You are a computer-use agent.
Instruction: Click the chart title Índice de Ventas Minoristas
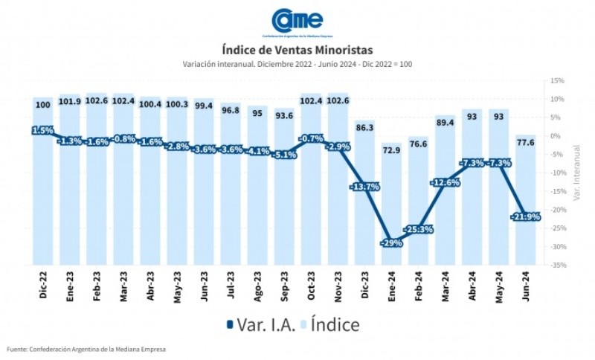pos(297,50)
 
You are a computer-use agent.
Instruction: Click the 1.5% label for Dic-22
pos(43,131)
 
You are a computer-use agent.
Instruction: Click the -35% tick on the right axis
pos(557,265)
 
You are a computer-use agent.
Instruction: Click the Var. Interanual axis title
pos(576,173)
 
